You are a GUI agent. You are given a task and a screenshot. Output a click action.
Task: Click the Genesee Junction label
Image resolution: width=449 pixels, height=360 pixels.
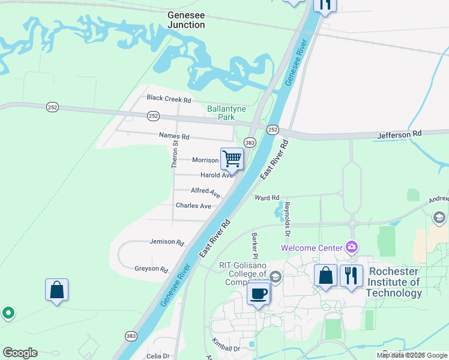point(186,20)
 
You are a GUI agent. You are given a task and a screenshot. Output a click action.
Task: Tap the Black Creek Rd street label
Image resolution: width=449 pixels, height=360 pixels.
point(169,98)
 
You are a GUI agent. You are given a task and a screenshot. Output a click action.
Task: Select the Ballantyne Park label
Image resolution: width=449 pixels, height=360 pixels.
point(220,113)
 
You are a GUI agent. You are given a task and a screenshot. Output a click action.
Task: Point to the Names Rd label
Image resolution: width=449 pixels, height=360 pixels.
point(173,136)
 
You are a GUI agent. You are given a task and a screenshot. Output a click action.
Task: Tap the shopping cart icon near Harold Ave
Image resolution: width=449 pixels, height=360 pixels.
point(232,159)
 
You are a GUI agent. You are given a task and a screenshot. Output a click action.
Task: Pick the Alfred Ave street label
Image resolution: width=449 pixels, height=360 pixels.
point(205,191)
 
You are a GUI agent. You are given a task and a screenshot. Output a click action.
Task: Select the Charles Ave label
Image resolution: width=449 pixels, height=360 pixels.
point(193,206)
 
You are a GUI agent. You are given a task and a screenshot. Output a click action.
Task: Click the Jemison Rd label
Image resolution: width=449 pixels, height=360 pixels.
point(166,242)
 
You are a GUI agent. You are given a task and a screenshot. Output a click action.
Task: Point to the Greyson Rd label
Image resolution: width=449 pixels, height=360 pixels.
point(151,269)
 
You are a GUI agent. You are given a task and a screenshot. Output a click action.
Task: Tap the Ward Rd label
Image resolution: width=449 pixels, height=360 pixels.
point(267,197)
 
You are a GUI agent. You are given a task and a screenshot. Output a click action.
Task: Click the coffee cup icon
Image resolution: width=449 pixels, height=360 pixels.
point(259,294)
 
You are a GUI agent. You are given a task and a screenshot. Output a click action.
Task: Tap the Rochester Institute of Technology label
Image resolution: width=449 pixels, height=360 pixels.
point(394,282)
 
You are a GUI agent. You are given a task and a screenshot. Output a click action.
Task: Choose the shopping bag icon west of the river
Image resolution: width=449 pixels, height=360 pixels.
point(56,290)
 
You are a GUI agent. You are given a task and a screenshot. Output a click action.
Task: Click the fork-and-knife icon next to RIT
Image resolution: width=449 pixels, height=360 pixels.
point(351,275)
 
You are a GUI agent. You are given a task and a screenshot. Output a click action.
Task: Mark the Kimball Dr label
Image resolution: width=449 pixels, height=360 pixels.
point(226,345)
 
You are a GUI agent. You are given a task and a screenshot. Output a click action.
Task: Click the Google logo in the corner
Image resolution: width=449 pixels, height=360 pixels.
point(20,353)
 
